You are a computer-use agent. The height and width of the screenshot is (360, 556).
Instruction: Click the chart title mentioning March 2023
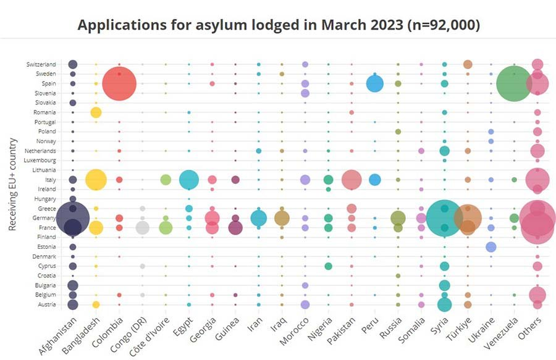[279, 25]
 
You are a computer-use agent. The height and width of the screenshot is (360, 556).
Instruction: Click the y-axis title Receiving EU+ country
[12, 176]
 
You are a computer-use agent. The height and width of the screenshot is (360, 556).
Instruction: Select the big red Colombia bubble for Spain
[119, 83]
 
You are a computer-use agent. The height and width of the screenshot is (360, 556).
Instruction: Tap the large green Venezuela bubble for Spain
[514, 83]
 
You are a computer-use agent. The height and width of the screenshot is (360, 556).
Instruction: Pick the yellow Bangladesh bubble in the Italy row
[96, 180]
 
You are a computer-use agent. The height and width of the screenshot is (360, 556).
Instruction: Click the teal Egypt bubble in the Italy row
[189, 180]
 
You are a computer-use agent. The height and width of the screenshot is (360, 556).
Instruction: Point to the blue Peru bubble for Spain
[375, 83]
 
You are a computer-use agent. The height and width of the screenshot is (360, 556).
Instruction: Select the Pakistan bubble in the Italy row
[352, 180]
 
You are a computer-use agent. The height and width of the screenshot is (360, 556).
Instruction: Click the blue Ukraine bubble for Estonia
[491, 247]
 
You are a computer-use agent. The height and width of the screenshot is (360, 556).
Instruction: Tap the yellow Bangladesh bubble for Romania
[96, 112]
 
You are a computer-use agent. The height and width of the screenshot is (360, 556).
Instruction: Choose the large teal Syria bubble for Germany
[444, 217]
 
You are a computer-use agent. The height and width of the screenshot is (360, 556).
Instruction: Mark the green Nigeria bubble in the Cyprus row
[329, 266]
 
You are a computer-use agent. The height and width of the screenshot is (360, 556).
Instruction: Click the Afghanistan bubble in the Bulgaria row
[73, 285]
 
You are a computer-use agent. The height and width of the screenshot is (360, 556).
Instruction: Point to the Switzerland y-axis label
[41, 64]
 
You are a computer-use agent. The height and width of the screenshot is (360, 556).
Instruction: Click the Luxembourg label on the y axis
[40, 161]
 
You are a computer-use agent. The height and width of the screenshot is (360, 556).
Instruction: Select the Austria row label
[47, 304]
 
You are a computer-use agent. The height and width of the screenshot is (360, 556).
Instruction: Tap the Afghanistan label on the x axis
[58, 336]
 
